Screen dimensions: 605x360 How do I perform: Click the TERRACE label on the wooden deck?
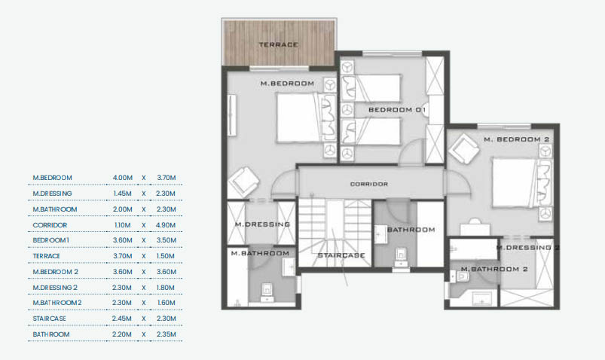[279, 44]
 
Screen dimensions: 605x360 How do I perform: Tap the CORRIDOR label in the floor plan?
[369, 184]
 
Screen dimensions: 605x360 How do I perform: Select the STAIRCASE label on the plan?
[341, 255]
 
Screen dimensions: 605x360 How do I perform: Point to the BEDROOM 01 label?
[396, 110]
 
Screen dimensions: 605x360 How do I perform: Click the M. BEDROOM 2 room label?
[517, 139]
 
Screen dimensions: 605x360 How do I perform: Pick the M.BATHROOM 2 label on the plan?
[494, 269]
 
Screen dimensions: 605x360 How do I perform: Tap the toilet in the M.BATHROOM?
[267, 292]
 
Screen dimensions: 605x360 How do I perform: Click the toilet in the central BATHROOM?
[402, 258]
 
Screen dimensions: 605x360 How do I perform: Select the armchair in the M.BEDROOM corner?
[243, 182]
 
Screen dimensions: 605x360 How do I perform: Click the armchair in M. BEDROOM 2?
[464, 149]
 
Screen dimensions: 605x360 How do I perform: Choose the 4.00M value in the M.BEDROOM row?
[123, 178]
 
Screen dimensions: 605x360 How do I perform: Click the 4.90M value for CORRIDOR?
[167, 225]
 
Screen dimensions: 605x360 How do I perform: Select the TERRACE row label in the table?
[46, 256]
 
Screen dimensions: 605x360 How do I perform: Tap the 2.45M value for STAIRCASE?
[122, 319]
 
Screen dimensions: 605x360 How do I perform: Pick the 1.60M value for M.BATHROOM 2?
[167, 303]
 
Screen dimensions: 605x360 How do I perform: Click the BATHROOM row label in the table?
[51, 334]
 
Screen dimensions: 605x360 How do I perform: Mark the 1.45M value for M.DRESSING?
[122, 194]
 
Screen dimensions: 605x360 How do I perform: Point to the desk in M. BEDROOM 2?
[475, 228]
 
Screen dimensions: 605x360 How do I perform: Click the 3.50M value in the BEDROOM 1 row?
[167, 240]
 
